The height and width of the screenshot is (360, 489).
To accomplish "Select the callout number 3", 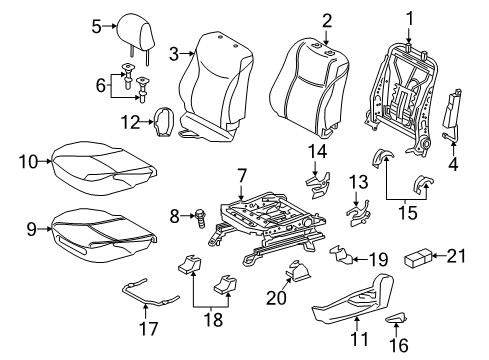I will pos(174,52).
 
